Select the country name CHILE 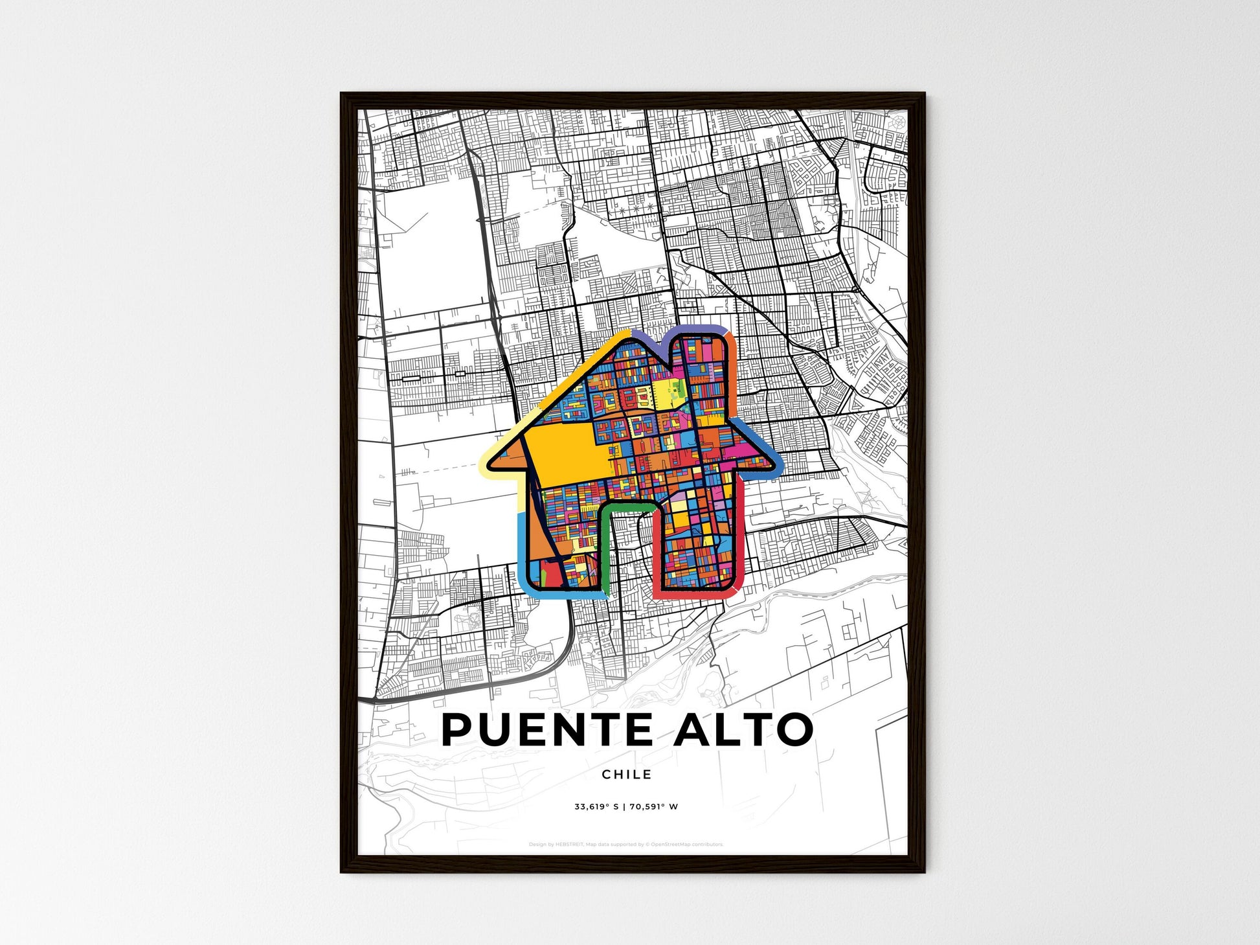click(626, 774)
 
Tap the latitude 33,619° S click(596, 807)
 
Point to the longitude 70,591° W click(653, 807)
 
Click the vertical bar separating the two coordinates click(624, 807)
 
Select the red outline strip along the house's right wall click(741, 531)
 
